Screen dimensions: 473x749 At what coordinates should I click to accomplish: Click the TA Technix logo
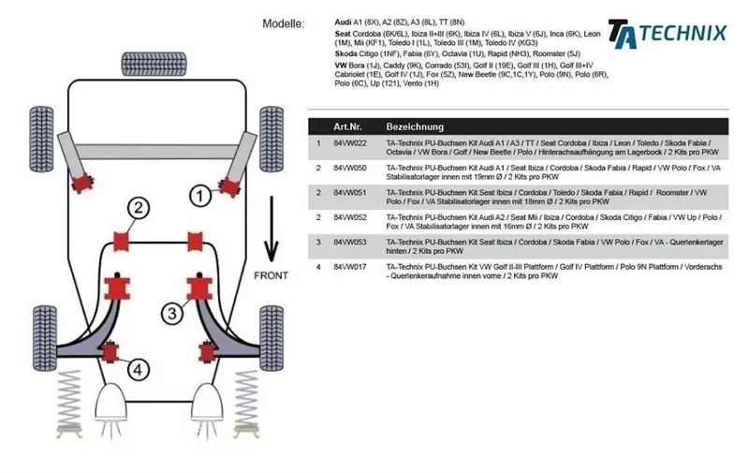point(667,33)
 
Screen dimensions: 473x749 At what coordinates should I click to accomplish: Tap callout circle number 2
point(138,208)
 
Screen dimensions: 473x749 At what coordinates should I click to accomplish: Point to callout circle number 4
point(138,370)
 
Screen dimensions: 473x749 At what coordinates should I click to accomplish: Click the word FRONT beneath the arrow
point(272,275)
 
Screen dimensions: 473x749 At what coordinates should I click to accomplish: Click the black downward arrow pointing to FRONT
point(272,225)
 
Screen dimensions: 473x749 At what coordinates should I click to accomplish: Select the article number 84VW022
point(349,143)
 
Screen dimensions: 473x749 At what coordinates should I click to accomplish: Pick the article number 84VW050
point(349,169)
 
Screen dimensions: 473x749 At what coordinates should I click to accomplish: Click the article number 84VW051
point(349,193)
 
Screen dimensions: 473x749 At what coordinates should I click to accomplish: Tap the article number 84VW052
point(349,217)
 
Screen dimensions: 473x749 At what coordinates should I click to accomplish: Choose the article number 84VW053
point(349,242)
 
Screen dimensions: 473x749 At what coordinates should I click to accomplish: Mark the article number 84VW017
point(349,267)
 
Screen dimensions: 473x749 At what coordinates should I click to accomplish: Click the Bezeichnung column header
point(415,126)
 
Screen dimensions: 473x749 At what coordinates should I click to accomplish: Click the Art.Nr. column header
point(349,126)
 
